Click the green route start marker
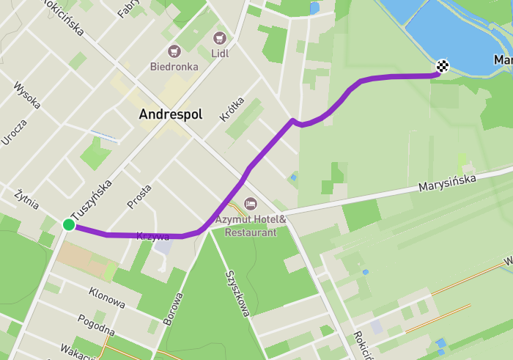(x=68, y=224)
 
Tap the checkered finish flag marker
(x=442, y=67)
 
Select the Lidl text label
(x=218, y=53)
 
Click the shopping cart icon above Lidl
(x=218, y=37)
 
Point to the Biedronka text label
(x=174, y=66)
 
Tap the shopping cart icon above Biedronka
(x=174, y=51)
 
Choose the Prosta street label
(x=139, y=196)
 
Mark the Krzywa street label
(x=153, y=237)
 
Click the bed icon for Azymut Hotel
(x=250, y=202)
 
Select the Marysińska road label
(x=447, y=183)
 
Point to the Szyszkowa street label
(x=237, y=293)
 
